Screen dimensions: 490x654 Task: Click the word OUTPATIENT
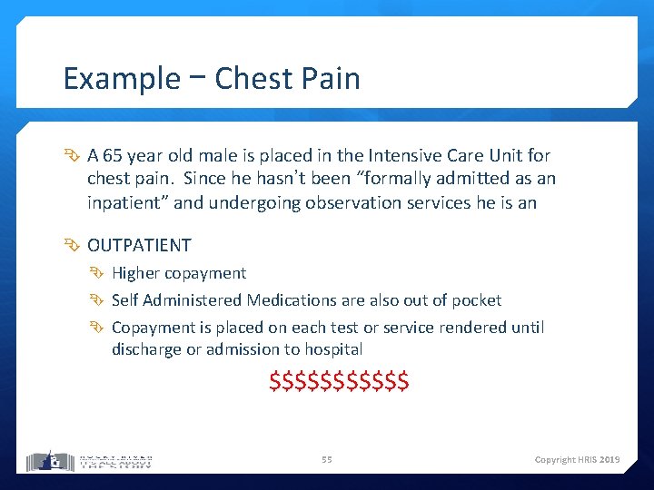(x=139, y=245)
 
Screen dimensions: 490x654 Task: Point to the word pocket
(x=477, y=299)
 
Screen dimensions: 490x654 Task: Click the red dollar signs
(x=339, y=381)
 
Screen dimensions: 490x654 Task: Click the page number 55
(x=326, y=460)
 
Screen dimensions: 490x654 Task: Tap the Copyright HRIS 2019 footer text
(x=577, y=460)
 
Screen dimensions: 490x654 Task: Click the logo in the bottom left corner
(x=89, y=460)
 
